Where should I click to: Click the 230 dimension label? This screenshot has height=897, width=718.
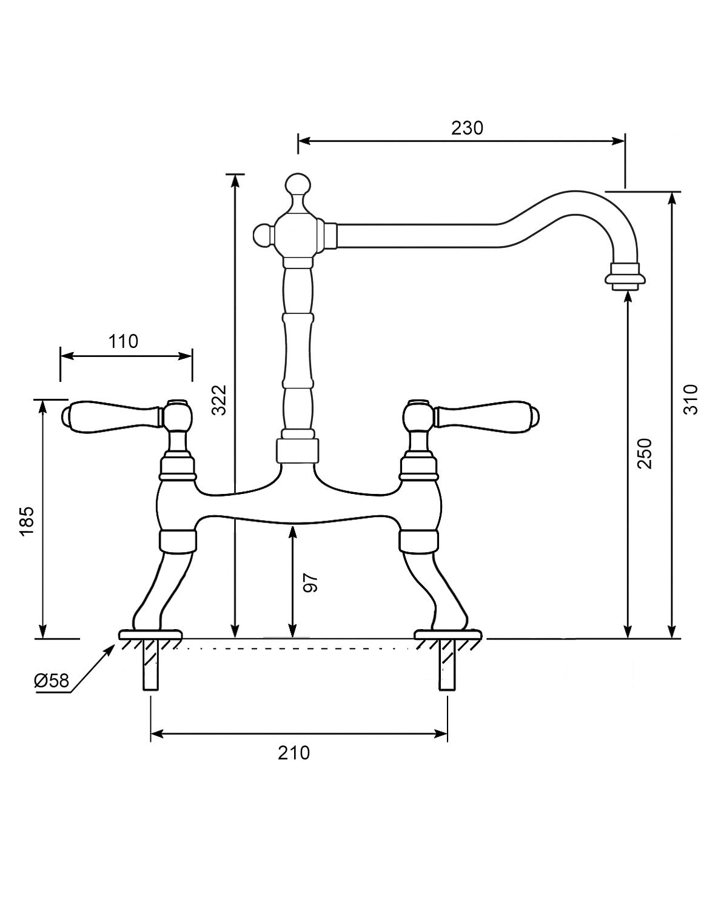click(x=467, y=128)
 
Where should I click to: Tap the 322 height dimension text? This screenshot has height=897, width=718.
click(x=219, y=400)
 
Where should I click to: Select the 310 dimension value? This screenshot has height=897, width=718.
click(x=691, y=399)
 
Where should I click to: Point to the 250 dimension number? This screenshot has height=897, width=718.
click(x=644, y=453)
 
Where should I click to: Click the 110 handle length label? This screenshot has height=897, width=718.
click(x=124, y=341)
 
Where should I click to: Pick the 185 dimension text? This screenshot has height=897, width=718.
click(x=26, y=521)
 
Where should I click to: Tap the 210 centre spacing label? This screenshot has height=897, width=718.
click(x=294, y=753)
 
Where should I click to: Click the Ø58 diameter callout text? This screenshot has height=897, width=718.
click(x=52, y=681)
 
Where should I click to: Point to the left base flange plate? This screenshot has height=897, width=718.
click(x=150, y=635)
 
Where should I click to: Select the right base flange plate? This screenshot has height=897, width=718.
click(x=448, y=635)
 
